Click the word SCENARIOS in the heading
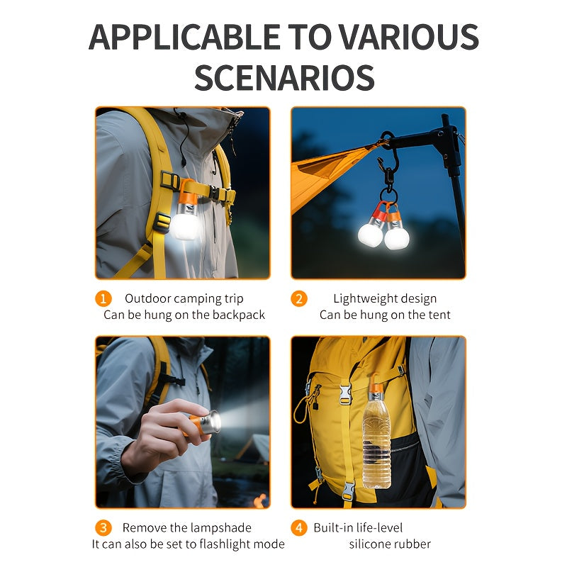pyautogui.click(x=284, y=77)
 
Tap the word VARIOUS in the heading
pyautogui.click(x=410, y=37)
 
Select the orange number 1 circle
pyautogui.click(x=103, y=298)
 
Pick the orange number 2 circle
pyautogui.click(x=299, y=298)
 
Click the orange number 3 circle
pyautogui.click(x=103, y=528)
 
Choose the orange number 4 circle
pyautogui.click(x=299, y=528)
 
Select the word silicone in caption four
pyautogui.click(x=367, y=544)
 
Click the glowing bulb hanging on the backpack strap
pyautogui.click(x=185, y=225)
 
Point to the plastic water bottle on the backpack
pyautogui.click(x=377, y=436)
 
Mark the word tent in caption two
pyautogui.click(x=439, y=315)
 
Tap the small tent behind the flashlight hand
pyautogui.click(x=255, y=449)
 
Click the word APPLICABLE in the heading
pyautogui.click(x=184, y=37)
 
